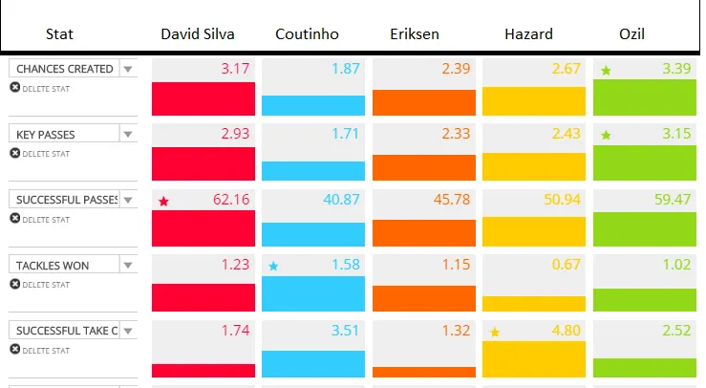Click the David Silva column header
pyautogui.click(x=197, y=34)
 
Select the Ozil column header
pyautogui.click(x=631, y=34)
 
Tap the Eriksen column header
pyautogui.click(x=415, y=34)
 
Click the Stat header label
pyautogui.click(x=59, y=34)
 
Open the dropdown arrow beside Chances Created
pyautogui.click(x=127, y=69)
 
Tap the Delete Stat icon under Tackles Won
pyautogui.click(x=15, y=284)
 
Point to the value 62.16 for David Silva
pyautogui.click(x=229, y=200)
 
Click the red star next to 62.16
pyautogui.click(x=163, y=201)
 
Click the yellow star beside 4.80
pyautogui.click(x=495, y=333)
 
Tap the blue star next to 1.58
pyautogui.click(x=274, y=267)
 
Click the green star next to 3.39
pyautogui.click(x=606, y=70)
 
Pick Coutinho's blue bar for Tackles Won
pyautogui.click(x=313, y=293)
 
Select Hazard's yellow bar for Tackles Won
pyautogui.click(x=534, y=303)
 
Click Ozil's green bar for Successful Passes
pyautogui.click(x=645, y=229)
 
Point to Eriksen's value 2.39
pyautogui.click(x=457, y=69)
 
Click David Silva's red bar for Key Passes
pyautogui.click(x=203, y=163)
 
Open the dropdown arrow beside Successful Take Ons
pyautogui.click(x=127, y=331)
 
